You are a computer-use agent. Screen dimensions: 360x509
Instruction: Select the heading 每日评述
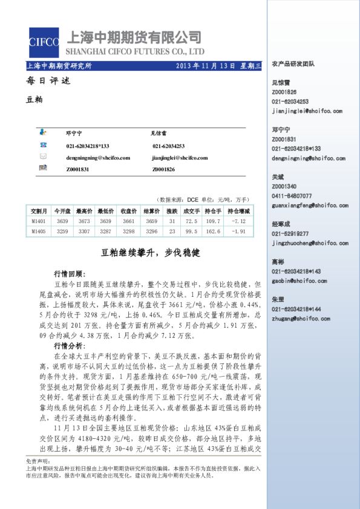coord(40,81)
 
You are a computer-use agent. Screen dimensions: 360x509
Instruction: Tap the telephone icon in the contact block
coord(43,145)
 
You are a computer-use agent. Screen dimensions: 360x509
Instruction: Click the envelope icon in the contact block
coord(43,157)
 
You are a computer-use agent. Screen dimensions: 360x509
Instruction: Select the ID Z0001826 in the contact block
coord(163,169)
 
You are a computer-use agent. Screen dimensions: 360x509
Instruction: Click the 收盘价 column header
coord(128,211)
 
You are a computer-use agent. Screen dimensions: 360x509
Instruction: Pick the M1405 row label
coord(38,232)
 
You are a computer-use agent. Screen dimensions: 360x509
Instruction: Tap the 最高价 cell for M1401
coord(84,221)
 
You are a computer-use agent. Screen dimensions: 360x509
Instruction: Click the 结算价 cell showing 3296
coord(151,232)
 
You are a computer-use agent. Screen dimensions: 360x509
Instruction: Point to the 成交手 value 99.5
coord(192,232)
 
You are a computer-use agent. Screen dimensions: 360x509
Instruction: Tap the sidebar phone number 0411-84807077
coord(292,196)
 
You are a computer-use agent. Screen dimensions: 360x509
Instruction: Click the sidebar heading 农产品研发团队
coord(293,63)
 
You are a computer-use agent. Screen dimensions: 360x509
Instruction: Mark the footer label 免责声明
coord(38,461)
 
